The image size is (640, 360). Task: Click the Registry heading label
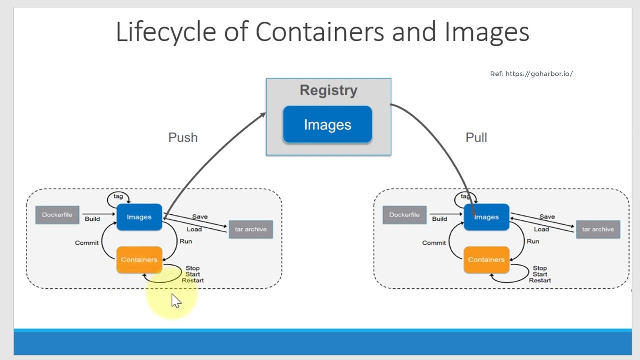[328, 90]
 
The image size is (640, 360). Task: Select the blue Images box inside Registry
[327, 125]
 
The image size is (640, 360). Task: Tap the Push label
[183, 138]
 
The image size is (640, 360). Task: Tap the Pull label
[476, 138]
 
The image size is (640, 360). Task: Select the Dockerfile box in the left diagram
[57, 215]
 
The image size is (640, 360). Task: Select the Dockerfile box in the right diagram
[404, 215]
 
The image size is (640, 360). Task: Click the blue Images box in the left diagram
[139, 217]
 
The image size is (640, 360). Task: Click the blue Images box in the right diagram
[486, 217]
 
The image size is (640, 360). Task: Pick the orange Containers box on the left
[139, 260]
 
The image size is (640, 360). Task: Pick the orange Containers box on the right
[486, 260]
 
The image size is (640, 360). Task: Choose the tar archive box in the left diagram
[251, 229]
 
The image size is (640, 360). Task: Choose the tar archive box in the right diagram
[598, 229]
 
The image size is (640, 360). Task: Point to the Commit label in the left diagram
[87, 243]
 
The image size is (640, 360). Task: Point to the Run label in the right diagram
[533, 241]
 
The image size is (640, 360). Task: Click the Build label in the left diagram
[92, 219]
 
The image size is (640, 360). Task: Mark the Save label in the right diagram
[547, 217]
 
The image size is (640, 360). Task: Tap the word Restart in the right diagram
[540, 280]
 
